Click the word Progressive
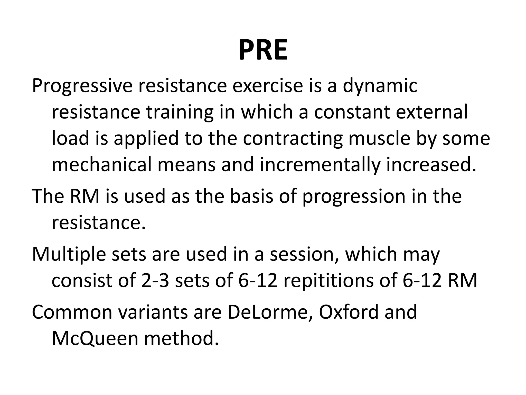click(x=82, y=86)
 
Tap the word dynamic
click(x=380, y=86)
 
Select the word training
click(x=180, y=113)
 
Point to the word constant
click(x=352, y=112)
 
